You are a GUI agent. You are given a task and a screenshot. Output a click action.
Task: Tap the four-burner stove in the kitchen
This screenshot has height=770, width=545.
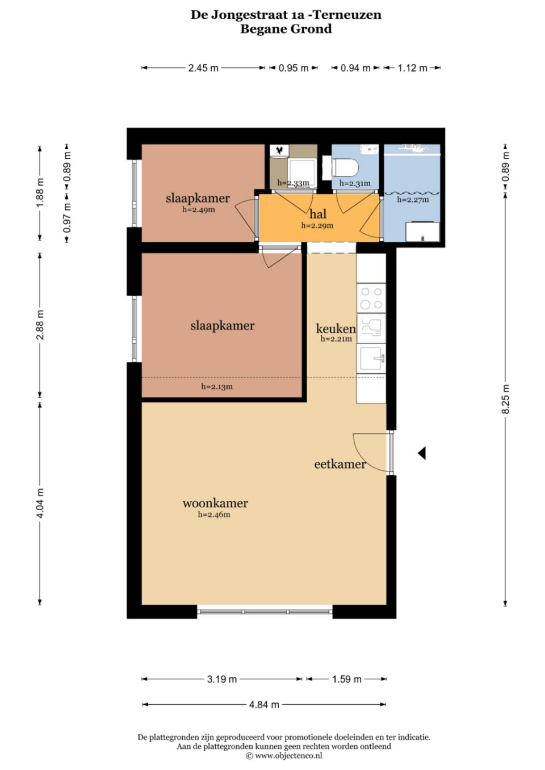(x=371, y=298)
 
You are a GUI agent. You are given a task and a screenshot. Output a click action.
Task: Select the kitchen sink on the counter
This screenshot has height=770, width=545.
(x=371, y=358)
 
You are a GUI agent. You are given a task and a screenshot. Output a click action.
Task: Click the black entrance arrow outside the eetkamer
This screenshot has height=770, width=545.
(x=422, y=453)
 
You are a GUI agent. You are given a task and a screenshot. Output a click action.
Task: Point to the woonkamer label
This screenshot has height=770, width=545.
(x=215, y=503)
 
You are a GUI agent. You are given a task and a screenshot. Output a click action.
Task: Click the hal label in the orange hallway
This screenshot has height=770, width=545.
(x=318, y=214)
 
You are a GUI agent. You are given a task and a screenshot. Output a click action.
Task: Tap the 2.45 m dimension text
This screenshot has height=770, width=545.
(x=203, y=68)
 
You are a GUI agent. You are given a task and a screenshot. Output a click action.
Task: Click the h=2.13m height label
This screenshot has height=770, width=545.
(x=217, y=387)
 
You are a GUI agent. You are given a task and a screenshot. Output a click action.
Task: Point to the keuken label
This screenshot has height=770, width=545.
(x=336, y=329)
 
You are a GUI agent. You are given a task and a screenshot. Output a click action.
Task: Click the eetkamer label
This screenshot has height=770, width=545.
(x=339, y=464)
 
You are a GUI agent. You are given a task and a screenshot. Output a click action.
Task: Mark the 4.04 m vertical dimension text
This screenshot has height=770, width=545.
(x=40, y=503)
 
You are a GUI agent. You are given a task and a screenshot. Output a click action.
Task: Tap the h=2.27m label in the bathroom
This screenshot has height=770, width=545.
(x=413, y=200)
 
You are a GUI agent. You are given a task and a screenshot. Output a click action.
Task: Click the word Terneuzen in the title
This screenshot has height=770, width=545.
(x=348, y=15)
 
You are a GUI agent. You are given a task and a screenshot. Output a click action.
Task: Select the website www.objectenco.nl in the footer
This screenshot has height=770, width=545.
(x=288, y=755)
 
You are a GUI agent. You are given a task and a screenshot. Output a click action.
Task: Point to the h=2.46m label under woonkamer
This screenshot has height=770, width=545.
(x=214, y=515)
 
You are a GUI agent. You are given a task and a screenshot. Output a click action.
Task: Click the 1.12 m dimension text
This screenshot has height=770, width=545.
(x=412, y=68)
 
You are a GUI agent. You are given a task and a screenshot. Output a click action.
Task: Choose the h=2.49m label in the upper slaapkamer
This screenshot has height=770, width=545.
(x=199, y=209)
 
